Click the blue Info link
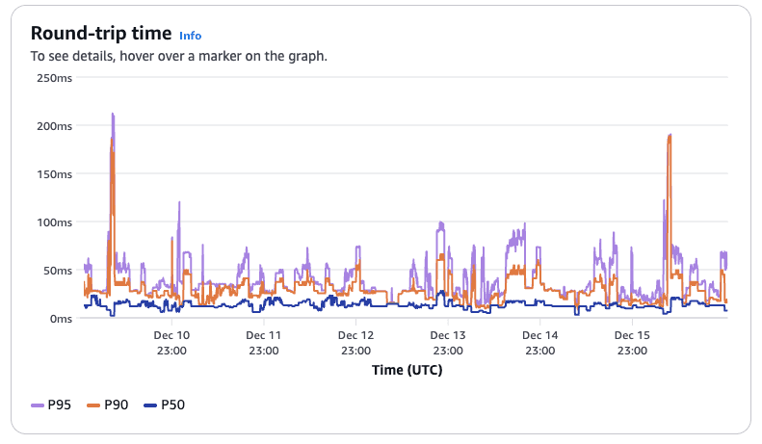[191, 36]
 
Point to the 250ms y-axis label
[54, 78]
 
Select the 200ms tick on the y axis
[54, 126]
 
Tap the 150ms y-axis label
[54, 174]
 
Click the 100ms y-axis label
[54, 222]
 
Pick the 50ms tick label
[57, 271]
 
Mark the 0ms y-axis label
[60, 319]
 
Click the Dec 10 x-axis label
[171, 335]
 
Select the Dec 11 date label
[263, 335]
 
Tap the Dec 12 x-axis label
[355, 335]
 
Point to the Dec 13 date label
[448, 335]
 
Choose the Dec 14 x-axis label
[539, 335]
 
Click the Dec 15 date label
[632, 335]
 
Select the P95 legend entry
[52, 405]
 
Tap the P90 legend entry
[108, 405]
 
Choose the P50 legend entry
[163, 405]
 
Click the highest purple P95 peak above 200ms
[113, 115]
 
